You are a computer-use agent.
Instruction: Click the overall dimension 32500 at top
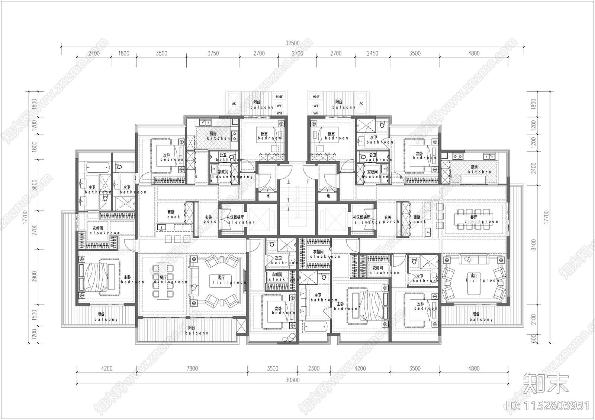point(292,43)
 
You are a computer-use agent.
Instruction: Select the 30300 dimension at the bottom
point(293,380)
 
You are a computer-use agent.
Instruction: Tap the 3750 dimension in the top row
point(213,53)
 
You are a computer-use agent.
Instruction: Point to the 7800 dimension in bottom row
point(192,368)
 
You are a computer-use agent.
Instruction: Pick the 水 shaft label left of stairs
point(267,196)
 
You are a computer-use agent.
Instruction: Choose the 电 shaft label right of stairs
point(328,196)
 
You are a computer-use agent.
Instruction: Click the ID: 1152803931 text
point(547,405)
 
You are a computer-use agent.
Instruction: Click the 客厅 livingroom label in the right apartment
point(474,278)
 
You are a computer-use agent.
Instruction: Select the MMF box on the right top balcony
point(316,97)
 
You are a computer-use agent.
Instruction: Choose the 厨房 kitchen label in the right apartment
point(479,170)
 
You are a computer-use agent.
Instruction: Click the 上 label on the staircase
point(289,182)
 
